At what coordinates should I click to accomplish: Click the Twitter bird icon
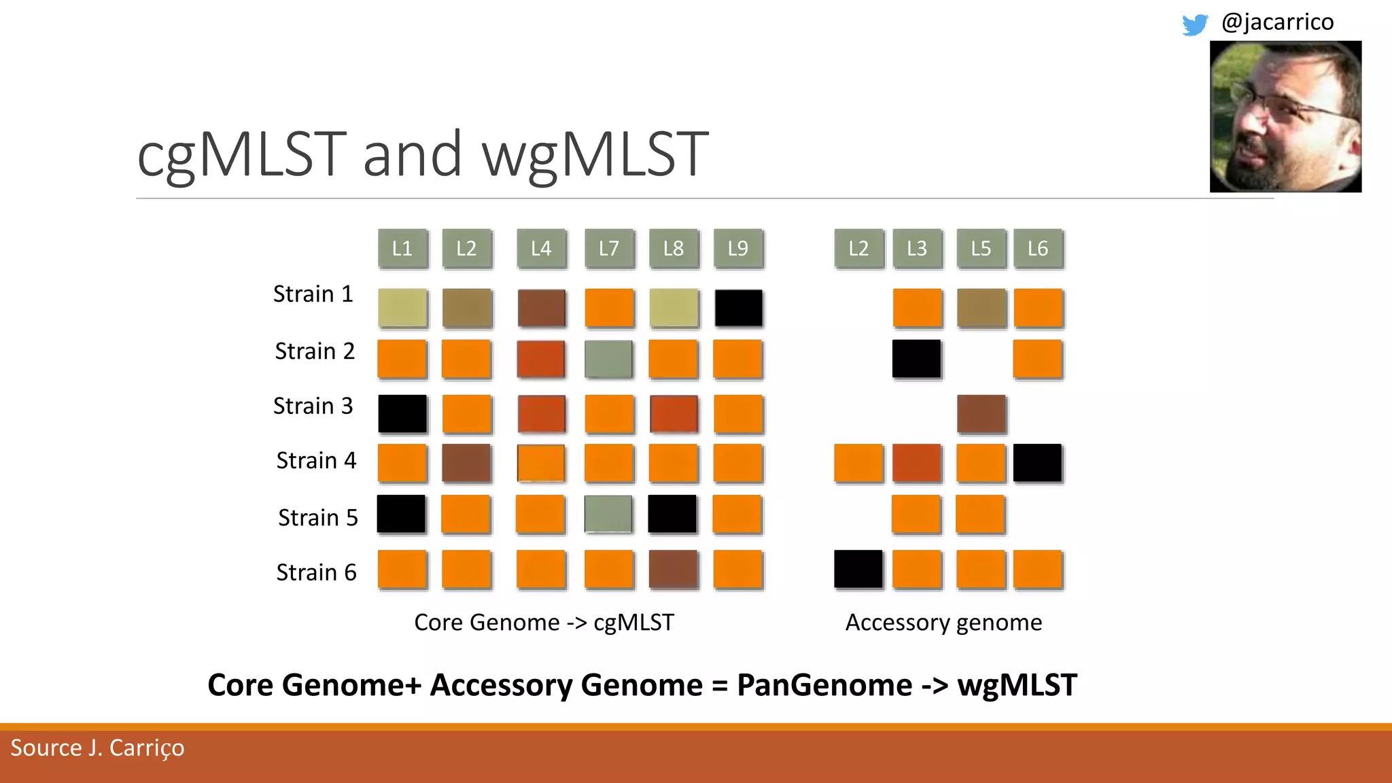click(x=1194, y=24)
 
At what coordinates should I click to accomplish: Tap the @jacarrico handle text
click(x=1277, y=22)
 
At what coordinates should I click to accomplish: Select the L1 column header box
click(x=402, y=249)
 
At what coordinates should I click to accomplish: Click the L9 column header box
click(x=738, y=249)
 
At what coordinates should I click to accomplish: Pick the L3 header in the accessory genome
click(x=917, y=249)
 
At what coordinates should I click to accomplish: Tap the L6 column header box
click(x=1038, y=249)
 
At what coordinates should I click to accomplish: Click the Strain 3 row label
click(x=313, y=406)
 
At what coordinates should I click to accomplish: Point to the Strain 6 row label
click(x=316, y=572)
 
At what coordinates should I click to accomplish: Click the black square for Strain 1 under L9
click(x=739, y=308)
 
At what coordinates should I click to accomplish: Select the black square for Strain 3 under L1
click(x=402, y=413)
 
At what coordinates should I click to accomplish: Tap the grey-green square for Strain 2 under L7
click(x=608, y=359)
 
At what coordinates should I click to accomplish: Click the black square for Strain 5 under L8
click(x=672, y=514)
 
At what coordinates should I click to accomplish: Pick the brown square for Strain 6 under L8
click(x=673, y=569)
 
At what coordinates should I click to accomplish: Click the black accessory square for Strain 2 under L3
click(x=917, y=359)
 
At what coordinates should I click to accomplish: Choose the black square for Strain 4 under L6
click(x=1037, y=463)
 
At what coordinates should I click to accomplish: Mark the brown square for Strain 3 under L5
click(x=981, y=413)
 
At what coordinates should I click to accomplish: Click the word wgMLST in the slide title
click(x=595, y=155)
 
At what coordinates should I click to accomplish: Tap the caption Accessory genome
click(x=943, y=623)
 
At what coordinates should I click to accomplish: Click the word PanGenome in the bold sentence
click(x=824, y=685)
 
